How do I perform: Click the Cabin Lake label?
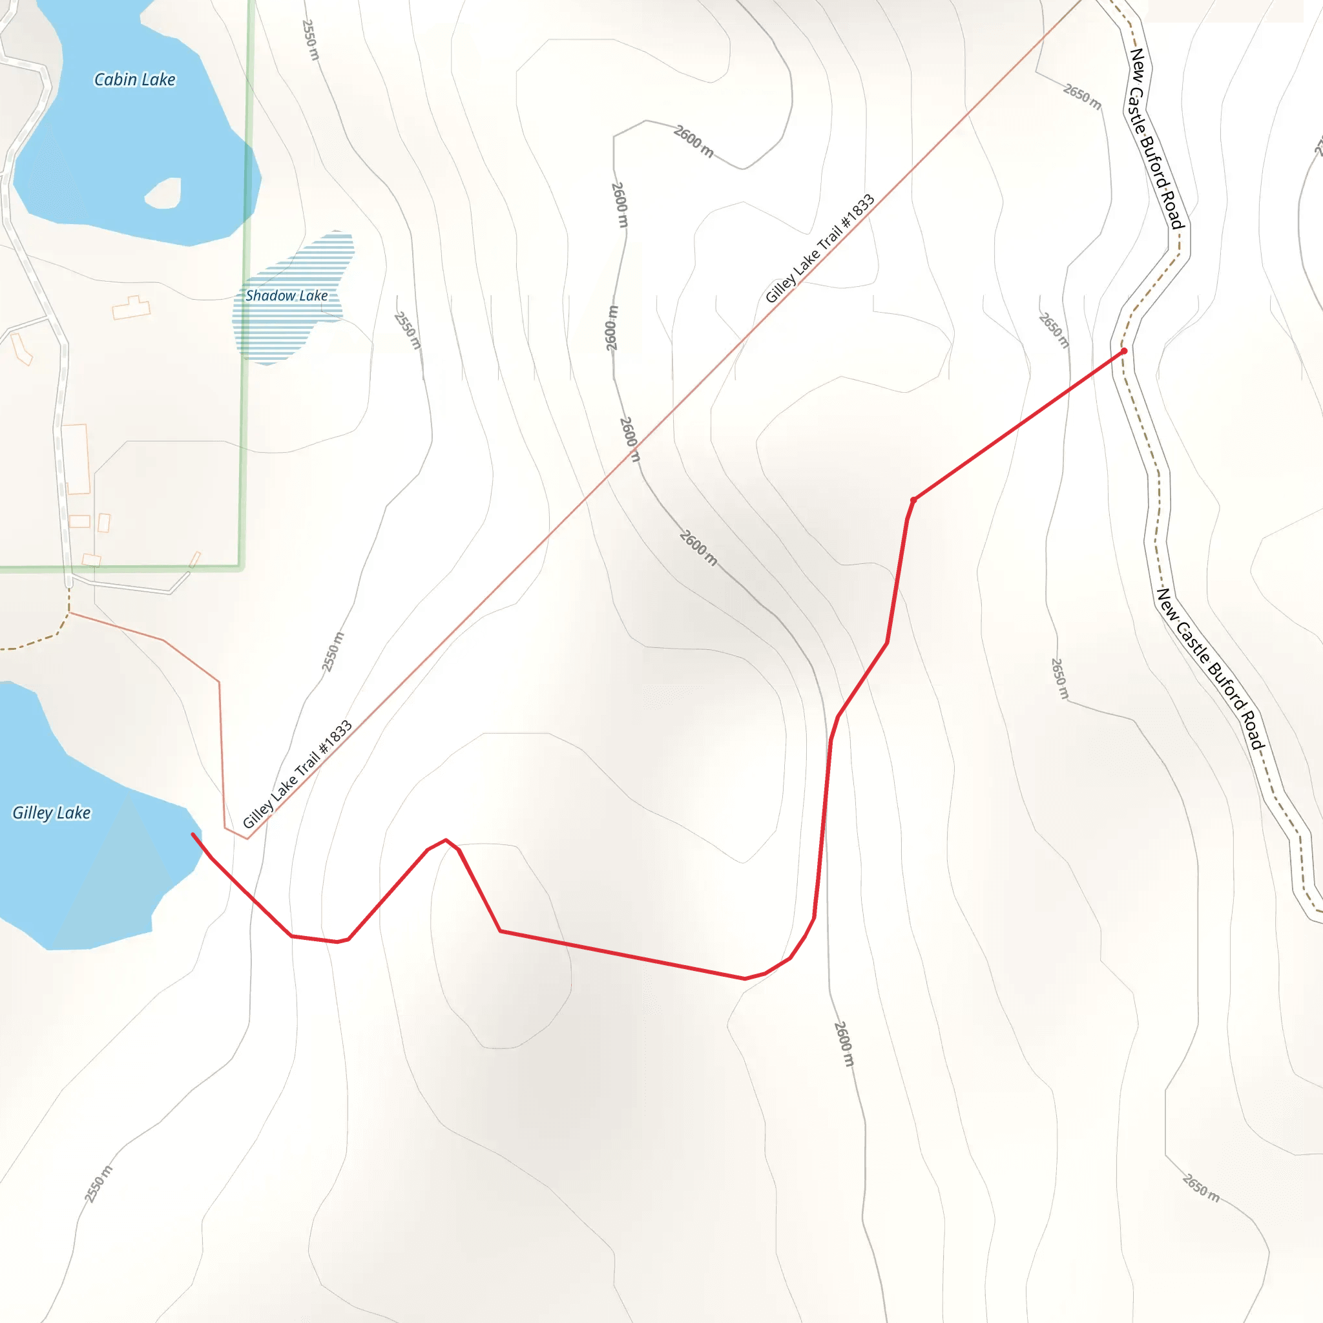click(135, 80)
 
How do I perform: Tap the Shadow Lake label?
click(286, 296)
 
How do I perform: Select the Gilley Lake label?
click(52, 813)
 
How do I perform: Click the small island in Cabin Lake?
click(163, 193)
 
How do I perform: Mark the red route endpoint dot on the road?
click(1124, 351)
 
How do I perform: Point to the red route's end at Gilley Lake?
click(193, 834)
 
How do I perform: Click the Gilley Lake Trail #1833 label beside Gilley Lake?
click(298, 774)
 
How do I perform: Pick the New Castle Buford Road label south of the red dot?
click(1210, 669)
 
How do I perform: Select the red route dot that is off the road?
click(913, 500)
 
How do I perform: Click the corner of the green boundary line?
click(241, 567)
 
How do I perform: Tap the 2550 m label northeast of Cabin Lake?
click(310, 39)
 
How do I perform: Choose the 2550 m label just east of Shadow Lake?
click(408, 330)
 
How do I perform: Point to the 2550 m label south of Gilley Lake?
click(98, 1184)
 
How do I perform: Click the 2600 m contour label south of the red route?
click(844, 1044)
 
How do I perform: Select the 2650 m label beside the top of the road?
click(1082, 96)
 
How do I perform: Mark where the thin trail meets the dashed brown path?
click(69, 613)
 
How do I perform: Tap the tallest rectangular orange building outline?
click(76, 459)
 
